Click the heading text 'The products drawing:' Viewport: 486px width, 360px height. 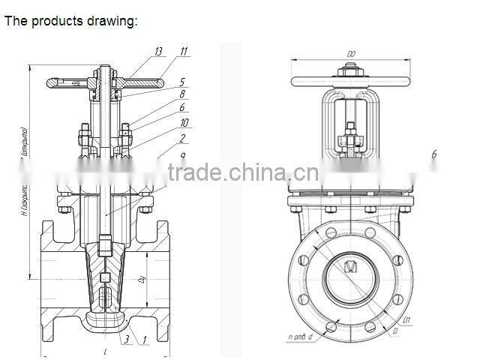point(71,21)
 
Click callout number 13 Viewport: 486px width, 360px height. point(158,52)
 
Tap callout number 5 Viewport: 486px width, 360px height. point(182,82)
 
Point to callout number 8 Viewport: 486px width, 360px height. point(182,94)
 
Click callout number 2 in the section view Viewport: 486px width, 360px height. point(182,138)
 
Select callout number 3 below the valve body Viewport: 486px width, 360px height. point(127,340)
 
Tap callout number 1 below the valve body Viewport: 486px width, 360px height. point(145,340)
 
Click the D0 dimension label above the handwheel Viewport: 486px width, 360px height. point(351,54)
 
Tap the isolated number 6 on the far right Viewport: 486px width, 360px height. point(433,155)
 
